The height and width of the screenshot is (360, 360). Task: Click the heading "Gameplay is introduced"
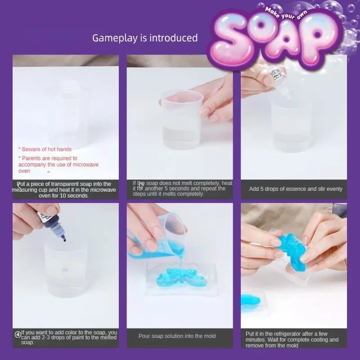click(x=145, y=38)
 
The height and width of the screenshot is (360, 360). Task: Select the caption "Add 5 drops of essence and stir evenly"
click(x=296, y=189)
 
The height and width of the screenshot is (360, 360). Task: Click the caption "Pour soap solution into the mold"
click(x=177, y=336)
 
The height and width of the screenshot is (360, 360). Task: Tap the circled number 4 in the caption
click(x=18, y=334)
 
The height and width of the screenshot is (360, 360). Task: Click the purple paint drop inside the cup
click(x=66, y=270)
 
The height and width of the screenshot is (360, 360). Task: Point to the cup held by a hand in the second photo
click(x=181, y=119)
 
